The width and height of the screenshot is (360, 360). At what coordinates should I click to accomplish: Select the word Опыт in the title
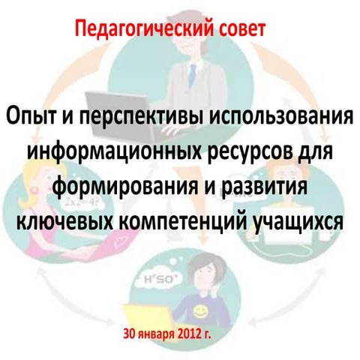pos(31,118)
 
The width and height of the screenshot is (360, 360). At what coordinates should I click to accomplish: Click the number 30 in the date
pos(132,332)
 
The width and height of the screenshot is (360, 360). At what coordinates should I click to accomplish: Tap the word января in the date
pos(160,333)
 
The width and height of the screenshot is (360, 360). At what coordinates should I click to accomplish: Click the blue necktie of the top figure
pos(192,75)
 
